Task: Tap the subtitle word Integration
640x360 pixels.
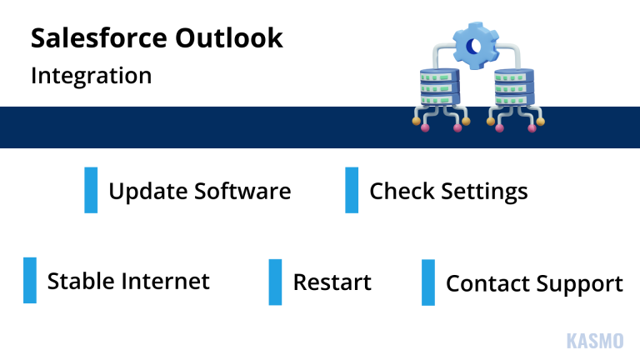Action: click(91, 76)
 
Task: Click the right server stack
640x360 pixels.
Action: click(513, 87)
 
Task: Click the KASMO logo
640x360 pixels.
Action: click(594, 341)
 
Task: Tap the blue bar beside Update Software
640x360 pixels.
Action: click(91, 190)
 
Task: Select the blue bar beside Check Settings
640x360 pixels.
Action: click(352, 190)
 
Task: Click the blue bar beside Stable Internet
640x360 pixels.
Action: click(30, 280)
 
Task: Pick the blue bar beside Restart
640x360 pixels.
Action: click(275, 282)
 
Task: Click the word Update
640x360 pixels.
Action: click(147, 192)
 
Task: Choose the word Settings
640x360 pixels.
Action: click(484, 192)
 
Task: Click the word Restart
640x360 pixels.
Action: click(332, 282)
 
